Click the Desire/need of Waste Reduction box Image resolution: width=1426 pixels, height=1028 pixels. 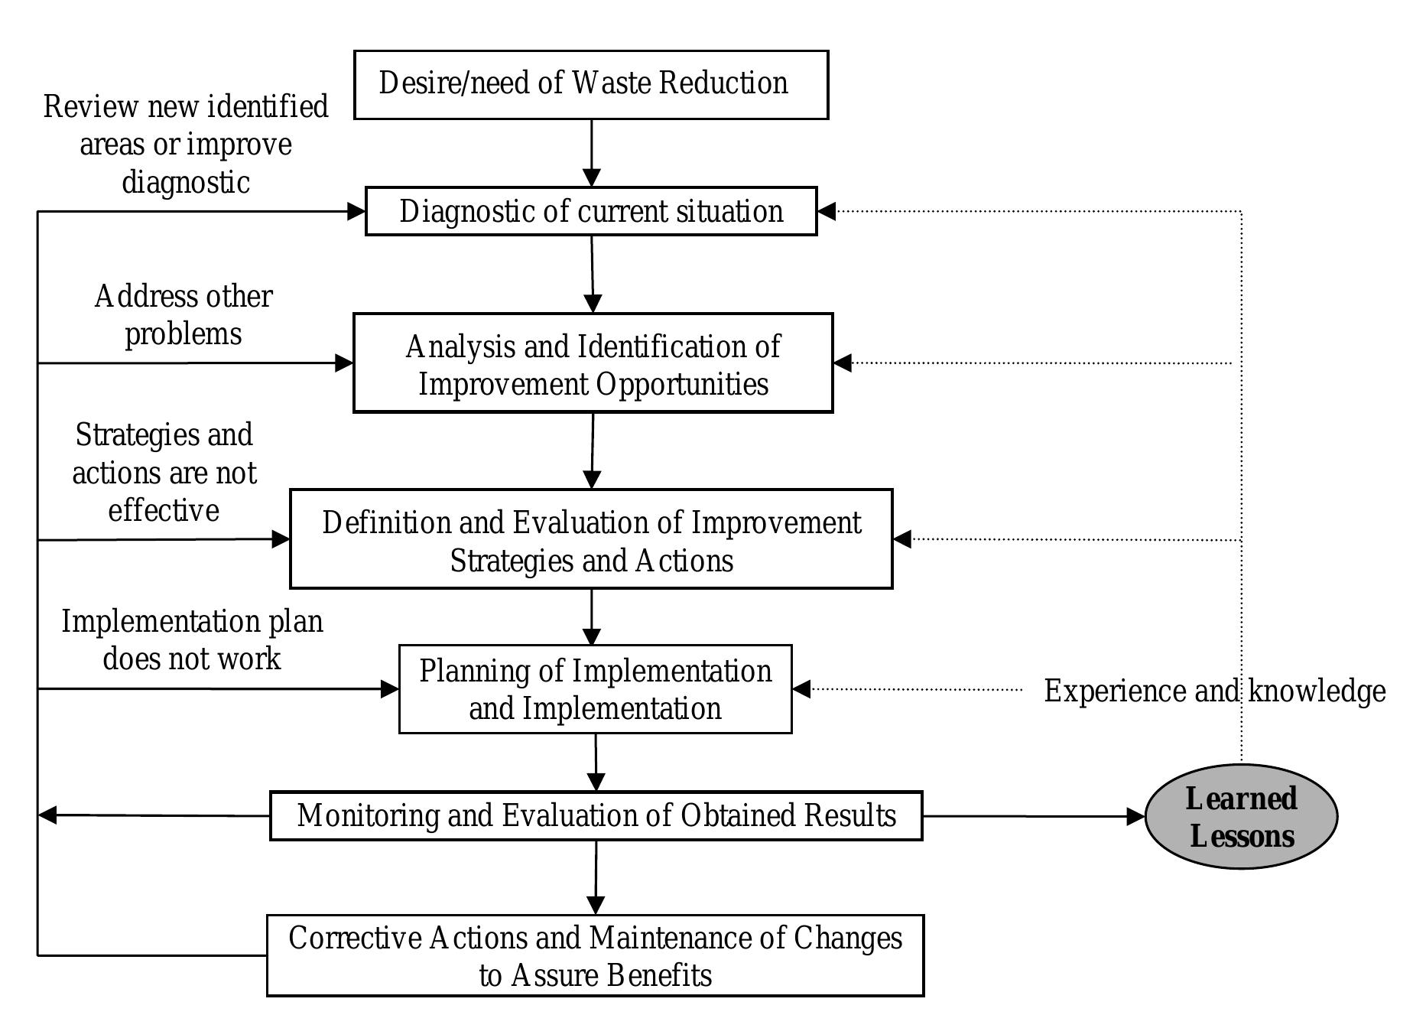(591, 85)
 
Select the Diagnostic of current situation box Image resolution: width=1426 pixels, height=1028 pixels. (591, 211)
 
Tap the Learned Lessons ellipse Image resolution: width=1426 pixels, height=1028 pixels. (1241, 817)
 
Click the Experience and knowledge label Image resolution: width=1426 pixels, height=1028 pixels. (1214, 691)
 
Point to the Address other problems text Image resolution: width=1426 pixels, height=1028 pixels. (184, 315)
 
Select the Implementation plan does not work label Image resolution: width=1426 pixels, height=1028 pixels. (192, 640)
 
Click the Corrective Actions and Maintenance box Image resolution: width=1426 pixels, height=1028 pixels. (595, 955)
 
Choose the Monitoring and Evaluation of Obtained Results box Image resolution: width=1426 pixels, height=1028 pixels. (596, 816)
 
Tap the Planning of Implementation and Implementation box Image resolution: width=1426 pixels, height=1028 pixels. (595, 689)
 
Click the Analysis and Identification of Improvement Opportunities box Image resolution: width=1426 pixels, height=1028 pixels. (593, 363)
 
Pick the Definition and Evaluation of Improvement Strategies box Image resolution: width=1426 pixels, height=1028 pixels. (591, 539)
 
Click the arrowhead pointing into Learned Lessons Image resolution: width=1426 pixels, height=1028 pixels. (1136, 817)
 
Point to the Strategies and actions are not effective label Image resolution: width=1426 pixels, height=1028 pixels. (164, 473)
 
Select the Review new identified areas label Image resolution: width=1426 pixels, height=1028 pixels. (186, 145)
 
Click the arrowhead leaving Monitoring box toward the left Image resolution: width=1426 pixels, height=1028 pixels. (47, 815)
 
